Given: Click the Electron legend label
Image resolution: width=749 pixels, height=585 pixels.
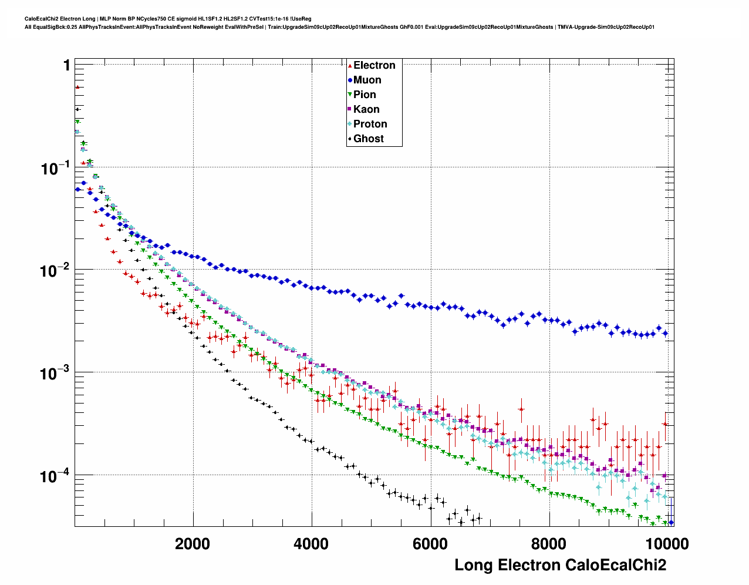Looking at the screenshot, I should click(374, 65).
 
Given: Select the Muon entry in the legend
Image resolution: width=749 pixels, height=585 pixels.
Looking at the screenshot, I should click(367, 80).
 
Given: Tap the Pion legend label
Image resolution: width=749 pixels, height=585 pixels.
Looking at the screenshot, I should click(365, 95).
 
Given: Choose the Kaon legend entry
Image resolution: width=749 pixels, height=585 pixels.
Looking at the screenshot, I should click(366, 109).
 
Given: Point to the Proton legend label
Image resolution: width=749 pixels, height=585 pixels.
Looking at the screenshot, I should click(370, 124).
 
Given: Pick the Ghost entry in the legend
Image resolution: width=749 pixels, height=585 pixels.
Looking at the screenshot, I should click(368, 139).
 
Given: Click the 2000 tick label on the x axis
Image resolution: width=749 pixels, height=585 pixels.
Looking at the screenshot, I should click(193, 544).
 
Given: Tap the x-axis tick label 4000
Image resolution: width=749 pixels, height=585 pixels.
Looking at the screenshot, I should click(311, 544).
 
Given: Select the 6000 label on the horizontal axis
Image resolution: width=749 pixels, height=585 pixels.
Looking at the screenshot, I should click(430, 544).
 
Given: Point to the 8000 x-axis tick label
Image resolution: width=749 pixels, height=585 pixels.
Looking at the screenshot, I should click(548, 544).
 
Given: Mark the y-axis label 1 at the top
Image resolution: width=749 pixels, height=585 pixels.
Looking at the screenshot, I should click(67, 65).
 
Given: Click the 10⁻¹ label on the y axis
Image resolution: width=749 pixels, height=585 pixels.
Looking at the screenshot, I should click(56, 169).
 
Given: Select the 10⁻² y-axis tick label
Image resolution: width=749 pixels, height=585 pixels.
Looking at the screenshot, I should click(56, 271).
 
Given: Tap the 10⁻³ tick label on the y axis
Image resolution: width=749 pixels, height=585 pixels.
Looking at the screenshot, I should click(56, 374).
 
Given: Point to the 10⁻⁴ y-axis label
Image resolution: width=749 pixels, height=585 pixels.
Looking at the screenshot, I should click(56, 476).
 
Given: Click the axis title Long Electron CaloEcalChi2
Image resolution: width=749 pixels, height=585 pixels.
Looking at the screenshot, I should click(560, 565).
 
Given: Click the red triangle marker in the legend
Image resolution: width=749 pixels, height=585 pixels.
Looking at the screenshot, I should click(350, 66).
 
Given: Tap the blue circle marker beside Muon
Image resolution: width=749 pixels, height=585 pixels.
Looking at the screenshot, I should click(350, 80).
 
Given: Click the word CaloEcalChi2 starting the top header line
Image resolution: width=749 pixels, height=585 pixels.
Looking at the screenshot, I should click(41, 19).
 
